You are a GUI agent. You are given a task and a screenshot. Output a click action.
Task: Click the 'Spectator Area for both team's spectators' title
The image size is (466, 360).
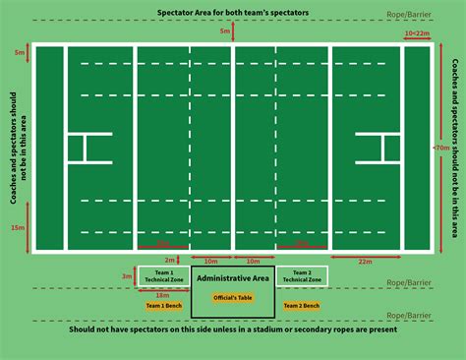(x=233, y=13)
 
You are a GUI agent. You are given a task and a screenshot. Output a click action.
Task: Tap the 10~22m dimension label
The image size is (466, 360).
(x=417, y=32)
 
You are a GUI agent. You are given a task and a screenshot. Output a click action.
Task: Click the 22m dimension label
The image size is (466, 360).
(x=366, y=261)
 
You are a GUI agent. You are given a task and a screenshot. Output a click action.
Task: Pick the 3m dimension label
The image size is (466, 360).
(x=125, y=276)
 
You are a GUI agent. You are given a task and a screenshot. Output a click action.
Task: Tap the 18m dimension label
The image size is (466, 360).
(x=162, y=294)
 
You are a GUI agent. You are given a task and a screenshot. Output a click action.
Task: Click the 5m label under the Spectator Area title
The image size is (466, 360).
(x=225, y=31)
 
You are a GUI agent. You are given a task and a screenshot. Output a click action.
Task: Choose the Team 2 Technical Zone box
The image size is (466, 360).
(x=302, y=276)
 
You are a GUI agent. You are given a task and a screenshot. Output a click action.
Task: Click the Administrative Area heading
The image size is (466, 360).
(x=232, y=278)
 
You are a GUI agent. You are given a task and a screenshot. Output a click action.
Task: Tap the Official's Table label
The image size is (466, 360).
(x=232, y=297)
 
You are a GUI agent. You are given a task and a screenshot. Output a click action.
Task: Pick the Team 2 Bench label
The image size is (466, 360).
(x=302, y=306)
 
